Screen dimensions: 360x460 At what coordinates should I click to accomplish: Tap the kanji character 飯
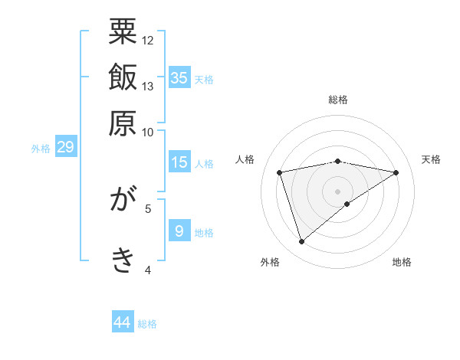pos(123,77)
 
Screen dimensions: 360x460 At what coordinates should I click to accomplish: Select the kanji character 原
pos(123,123)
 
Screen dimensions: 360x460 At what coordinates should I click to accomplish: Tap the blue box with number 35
pos(179,77)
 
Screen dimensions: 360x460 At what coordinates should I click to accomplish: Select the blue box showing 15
pos(179,162)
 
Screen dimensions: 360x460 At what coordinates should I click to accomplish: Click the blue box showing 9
pos(179,231)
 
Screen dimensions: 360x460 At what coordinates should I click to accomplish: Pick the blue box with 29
pos(65,147)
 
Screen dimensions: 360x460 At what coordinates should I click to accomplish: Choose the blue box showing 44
pos(123,322)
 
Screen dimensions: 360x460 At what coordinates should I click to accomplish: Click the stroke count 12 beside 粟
pos(148,40)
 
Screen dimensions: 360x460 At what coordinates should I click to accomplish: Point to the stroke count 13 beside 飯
pos(148,86)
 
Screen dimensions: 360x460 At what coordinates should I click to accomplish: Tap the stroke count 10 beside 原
pos(148,132)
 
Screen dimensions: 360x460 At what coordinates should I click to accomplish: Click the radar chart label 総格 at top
pos(338,100)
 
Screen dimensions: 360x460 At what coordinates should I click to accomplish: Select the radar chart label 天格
pos(432,159)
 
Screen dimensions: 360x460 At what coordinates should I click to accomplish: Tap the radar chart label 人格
pos(245,159)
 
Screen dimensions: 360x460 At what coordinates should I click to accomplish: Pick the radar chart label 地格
pos(402,263)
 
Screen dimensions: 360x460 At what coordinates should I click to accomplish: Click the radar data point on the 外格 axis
pos(302,242)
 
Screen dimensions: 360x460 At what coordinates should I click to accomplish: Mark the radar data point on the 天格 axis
pos(396,172)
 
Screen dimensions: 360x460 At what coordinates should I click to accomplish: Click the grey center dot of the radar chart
pos(338,191)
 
